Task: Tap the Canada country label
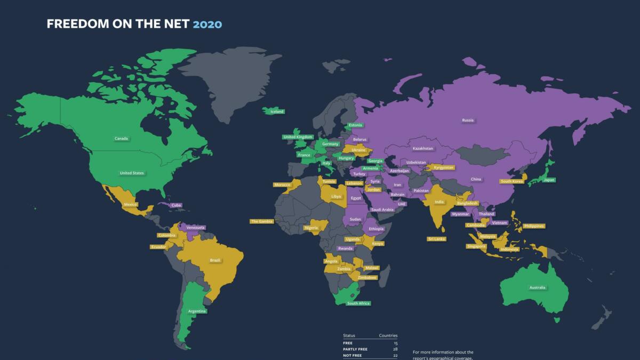[x=122, y=139]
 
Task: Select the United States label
[x=132, y=173]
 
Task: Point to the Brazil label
[x=215, y=260]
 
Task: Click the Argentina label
[x=197, y=311]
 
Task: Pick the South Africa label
[x=358, y=303]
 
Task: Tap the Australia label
[x=537, y=288]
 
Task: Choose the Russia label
[x=468, y=120]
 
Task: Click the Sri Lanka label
[x=436, y=239]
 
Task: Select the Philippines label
[x=534, y=226]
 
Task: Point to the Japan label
[x=549, y=180]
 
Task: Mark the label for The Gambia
[x=262, y=221]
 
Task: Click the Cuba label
[x=177, y=205]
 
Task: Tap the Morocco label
[x=282, y=185]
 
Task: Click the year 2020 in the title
[x=207, y=24]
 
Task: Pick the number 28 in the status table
[x=395, y=349]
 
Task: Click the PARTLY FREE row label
[x=355, y=349]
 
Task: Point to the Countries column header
[x=388, y=335]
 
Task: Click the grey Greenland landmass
[x=229, y=80]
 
